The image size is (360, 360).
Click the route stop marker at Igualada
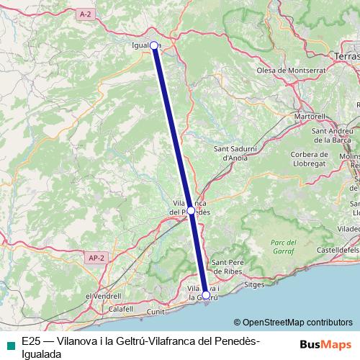point(153,45)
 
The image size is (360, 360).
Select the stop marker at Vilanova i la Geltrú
point(206,294)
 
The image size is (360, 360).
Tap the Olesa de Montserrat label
point(292,71)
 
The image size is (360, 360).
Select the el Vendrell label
point(103,296)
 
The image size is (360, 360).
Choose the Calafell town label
point(122,309)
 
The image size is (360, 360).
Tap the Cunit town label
point(156,312)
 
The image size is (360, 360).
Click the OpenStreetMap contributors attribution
point(293,323)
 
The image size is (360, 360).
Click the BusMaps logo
point(325,344)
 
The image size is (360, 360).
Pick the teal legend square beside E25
point(9,344)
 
